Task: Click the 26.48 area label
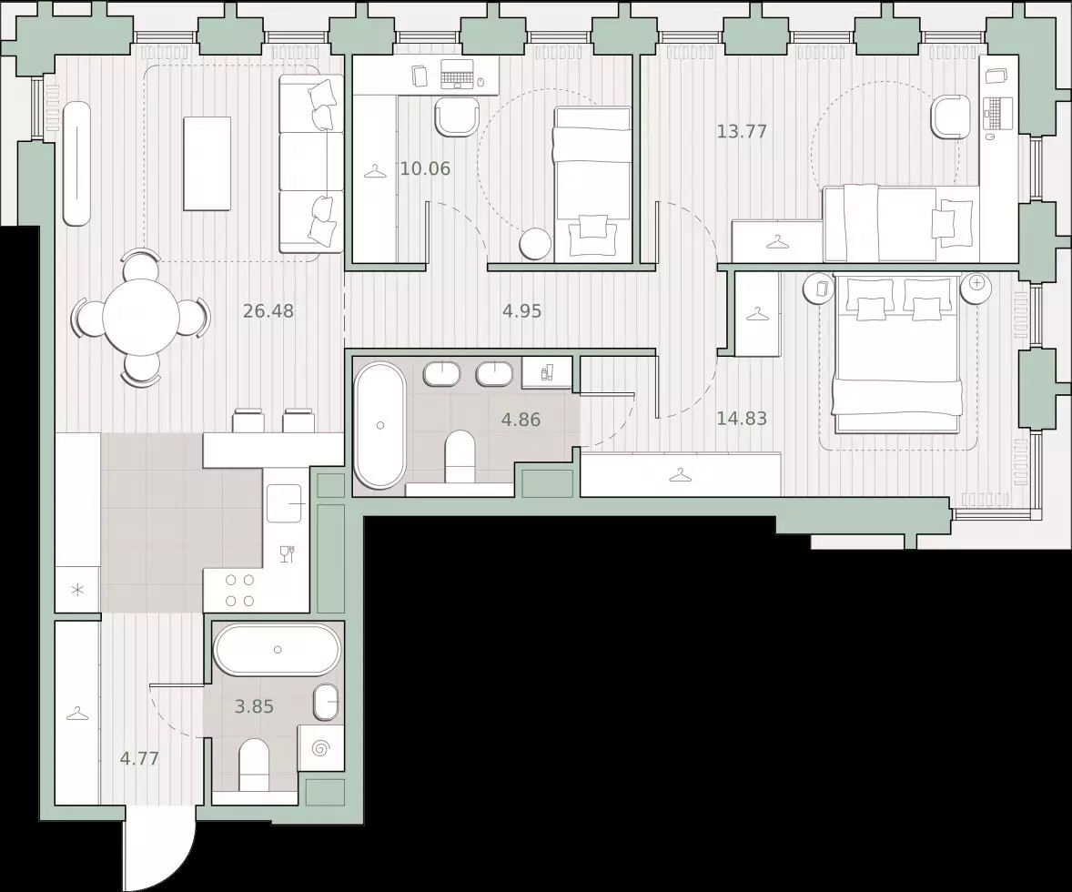click(x=268, y=311)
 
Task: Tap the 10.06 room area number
click(x=425, y=168)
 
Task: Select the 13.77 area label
click(x=742, y=131)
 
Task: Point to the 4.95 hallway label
click(x=521, y=311)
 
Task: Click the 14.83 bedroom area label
click(x=742, y=418)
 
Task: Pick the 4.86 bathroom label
click(x=521, y=420)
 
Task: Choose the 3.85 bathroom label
click(x=254, y=706)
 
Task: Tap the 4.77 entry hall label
click(x=139, y=758)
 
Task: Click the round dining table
click(x=140, y=317)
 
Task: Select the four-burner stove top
click(x=240, y=591)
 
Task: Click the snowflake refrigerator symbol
click(x=78, y=590)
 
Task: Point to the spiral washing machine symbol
click(x=320, y=748)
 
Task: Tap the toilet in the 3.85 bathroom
click(x=255, y=764)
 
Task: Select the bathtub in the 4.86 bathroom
click(x=380, y=425)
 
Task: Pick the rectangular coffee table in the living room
click(x=207, y=164)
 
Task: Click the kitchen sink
click(x=285, y=503)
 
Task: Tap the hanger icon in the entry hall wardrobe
click(x=77, y=713)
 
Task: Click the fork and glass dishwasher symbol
click(x=288, y=553)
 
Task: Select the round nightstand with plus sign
click(x=976, y=288)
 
